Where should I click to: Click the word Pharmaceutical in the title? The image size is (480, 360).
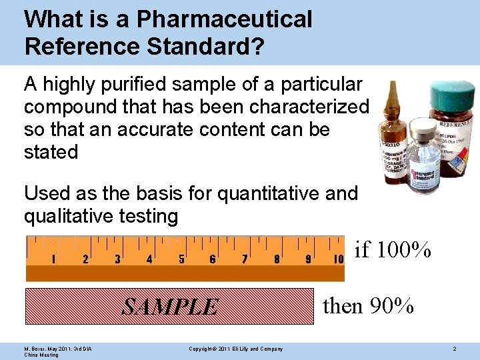[224, 19]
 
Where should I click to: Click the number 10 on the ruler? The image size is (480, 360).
[337, 259]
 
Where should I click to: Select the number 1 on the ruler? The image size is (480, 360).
[53, 259]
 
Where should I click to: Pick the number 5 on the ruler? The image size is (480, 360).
[181, 259]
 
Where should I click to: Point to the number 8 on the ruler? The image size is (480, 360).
[277, 259]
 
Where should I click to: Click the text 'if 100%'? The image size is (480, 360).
[393, 250]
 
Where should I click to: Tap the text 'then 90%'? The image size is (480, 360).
[368, 306]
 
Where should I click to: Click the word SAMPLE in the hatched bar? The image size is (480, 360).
[170, 307]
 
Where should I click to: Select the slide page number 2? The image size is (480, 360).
[454, 349]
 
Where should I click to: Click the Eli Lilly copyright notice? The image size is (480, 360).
[235, 349]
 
